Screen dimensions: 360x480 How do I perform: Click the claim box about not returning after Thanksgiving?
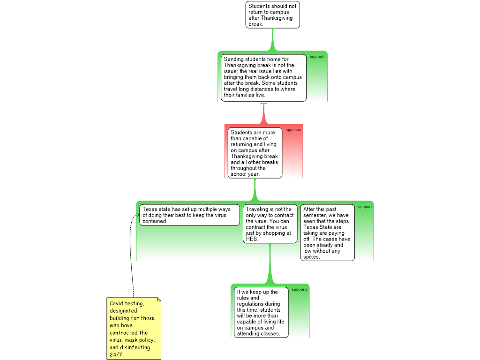(x=272, y=15)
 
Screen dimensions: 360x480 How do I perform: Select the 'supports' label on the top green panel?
(x=317, y=57)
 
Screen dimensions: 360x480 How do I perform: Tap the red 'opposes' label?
(x=293, y=130)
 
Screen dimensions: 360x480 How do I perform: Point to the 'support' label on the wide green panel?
(x=365, y=207)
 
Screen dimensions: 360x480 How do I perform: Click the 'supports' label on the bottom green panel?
(x=300, y=289)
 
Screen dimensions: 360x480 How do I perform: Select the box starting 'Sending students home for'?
(x=263, y=77)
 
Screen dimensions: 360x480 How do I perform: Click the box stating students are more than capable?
(x=255, y=153)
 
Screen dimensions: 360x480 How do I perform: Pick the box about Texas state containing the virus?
(x=189, y=215)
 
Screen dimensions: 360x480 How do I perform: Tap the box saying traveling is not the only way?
(x=270, y=224)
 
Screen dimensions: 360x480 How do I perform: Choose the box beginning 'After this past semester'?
(x=327, y=232)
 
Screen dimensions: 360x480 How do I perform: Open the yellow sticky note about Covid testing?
(x=134, y=328)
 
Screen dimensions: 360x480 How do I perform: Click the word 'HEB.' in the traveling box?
(x=252, y=239)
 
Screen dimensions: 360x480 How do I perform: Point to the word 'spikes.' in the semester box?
(x=312, y=257)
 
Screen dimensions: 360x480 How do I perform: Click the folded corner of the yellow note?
(x=159, y=300)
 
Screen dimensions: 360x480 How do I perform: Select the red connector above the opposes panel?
(x=264, y=112)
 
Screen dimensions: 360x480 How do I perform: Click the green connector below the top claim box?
(x=272, y=39)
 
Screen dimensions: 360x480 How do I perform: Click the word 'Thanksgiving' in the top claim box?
(x=277, y=18)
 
